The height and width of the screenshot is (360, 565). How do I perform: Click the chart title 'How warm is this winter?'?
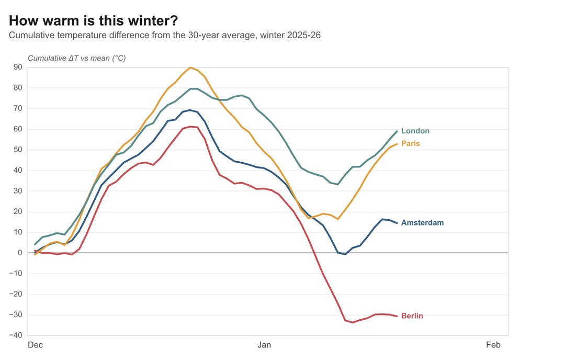[93, 21]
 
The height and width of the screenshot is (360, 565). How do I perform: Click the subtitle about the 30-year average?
[164, 36]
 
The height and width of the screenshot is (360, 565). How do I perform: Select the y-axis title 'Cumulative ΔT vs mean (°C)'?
[76, 58]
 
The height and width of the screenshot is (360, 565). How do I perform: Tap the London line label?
[415, 131]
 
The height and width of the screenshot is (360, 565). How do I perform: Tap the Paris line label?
[410, 143]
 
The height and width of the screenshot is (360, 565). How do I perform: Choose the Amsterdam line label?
[422, 223]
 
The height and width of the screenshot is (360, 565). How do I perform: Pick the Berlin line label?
[412, 316]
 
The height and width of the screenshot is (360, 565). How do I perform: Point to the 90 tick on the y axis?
[18, 67]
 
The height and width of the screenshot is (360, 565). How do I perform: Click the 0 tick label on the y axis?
[20, 253]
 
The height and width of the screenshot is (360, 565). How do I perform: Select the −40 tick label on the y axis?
[16, 335]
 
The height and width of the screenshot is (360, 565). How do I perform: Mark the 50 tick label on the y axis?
[18, 150]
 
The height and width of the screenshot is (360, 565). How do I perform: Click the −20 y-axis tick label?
[16, 294]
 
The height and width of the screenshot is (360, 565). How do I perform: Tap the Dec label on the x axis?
[35, 345]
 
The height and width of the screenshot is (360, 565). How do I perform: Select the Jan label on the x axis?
[264, 345]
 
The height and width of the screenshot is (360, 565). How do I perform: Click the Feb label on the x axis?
[493, 345]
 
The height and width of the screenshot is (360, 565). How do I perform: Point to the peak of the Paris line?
[190, 67]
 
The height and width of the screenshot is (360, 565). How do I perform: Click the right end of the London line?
[397, 131]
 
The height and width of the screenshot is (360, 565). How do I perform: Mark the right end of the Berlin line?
[397, 316]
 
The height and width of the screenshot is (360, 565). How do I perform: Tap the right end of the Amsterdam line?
[397, 223]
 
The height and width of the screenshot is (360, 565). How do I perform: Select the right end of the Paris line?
[397, 143]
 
